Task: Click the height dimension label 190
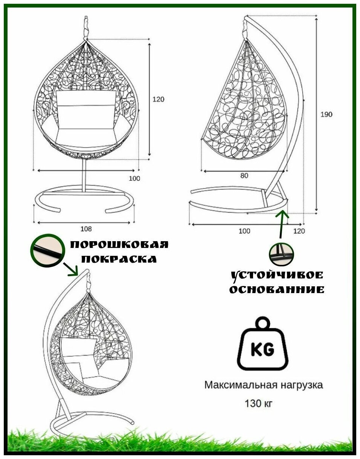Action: point(326,114)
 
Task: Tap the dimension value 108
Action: point(86,229)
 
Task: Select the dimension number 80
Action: point(244,176)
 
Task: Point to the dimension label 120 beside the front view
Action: point(158,99)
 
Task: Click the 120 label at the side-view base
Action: point(299,231)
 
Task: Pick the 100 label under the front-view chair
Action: point(134,178)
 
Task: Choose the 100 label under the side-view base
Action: point(244,231)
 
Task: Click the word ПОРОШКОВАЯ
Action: point(119,245)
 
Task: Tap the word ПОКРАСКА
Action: point(119,259)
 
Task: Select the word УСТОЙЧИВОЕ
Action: point(277,275)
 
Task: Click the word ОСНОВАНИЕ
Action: point(277,289)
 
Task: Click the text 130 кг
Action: point(258,404)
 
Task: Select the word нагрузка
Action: point(301,385)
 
